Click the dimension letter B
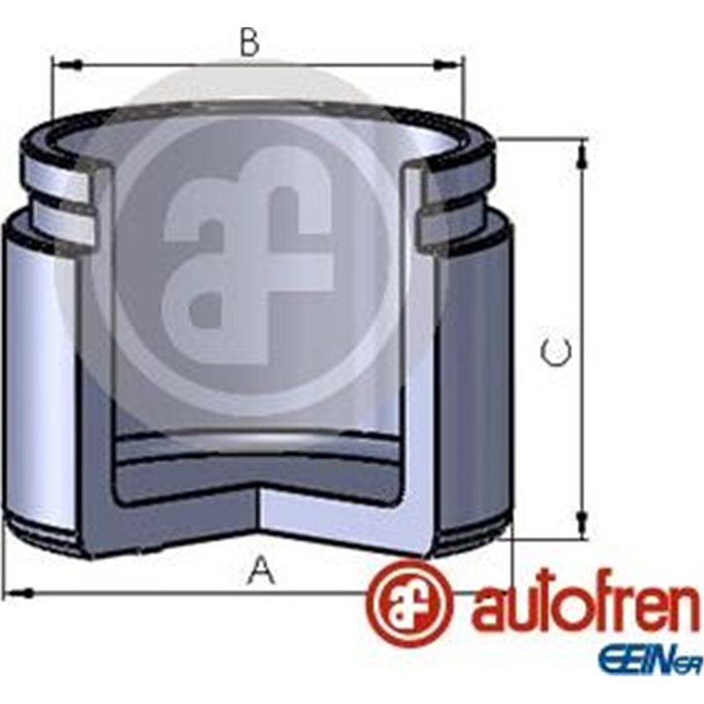click(250, 41)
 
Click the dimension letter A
click(260, 572)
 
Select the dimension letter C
click(555, 352)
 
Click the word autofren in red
click(585, 607)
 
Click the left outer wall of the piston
click(35, 378)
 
